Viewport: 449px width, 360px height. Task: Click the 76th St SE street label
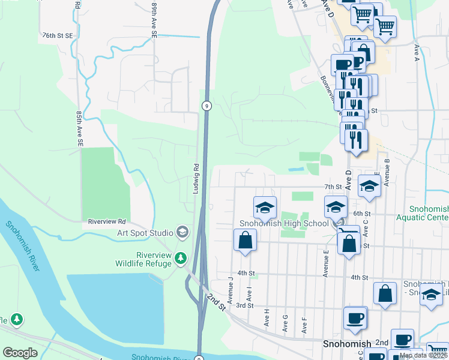point(57,36)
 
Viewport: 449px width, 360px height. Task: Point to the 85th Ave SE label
point(79,128)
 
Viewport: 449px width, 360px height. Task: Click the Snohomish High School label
point(284,224)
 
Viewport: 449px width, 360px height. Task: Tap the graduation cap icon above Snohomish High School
point(265,208)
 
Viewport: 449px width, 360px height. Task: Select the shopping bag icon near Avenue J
point(245,241)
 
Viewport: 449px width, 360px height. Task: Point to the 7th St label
point(332,187)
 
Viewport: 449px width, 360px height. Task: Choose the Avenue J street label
point(231,289)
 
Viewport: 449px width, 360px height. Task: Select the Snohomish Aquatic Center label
point(429,213)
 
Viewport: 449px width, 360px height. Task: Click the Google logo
point(20,353)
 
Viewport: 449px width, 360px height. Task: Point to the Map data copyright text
point(423,355)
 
